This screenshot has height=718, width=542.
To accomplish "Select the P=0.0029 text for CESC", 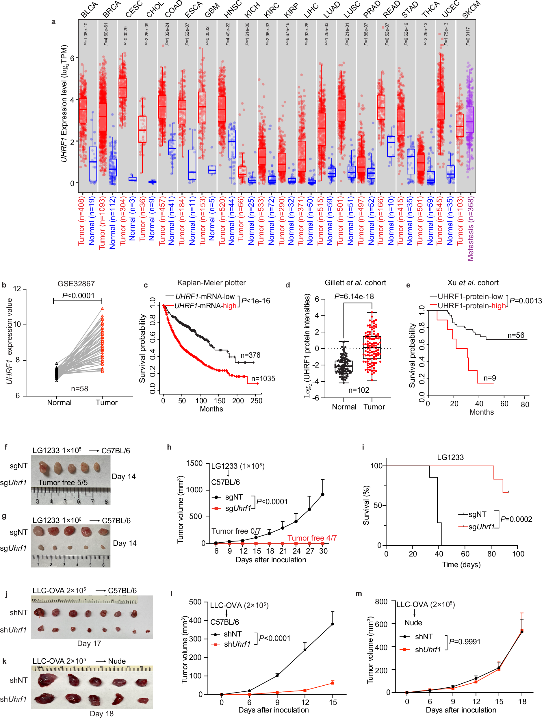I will click(126, 36).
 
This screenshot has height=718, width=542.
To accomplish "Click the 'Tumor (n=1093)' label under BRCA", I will click(103, 222).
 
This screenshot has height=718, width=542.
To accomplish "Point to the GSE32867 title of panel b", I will click(76, 284).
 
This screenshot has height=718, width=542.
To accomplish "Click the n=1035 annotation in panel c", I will click(263, 379).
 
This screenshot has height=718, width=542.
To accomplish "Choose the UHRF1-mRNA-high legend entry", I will click(205, 306).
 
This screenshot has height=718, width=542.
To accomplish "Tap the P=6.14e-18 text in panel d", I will click(354, 296).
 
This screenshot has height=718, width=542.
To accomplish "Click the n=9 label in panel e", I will click(489, 378).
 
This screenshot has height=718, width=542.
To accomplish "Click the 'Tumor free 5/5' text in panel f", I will click(63, 482).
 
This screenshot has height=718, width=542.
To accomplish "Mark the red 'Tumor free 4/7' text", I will click(312, 538).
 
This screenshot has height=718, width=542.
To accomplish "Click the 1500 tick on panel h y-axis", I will click(194, 463).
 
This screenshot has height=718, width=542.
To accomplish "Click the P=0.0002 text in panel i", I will click(516, 519).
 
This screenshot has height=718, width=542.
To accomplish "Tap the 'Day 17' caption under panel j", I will click(89, 643).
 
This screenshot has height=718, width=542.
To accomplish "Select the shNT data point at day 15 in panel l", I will click(332, 624).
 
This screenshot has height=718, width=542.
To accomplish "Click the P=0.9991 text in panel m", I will click(465, 642).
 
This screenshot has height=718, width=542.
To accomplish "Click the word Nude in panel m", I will click(413, 623).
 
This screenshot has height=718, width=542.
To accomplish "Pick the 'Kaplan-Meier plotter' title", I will click(211, 283).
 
